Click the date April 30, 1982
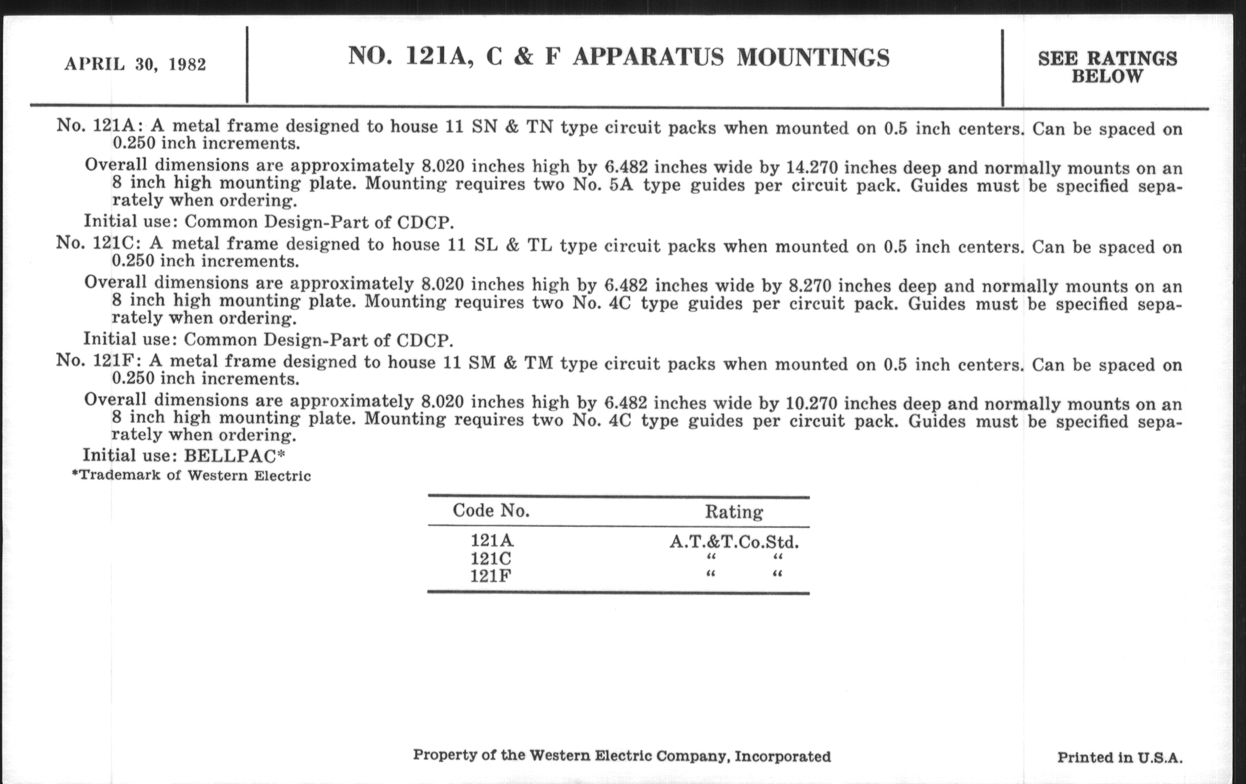pos(135,64)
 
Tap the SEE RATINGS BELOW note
pos(1107,67)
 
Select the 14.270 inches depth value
pos(812,168)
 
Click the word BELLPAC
pos(231,456)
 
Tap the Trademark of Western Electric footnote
pos(192,476)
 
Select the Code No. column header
pos(491,511)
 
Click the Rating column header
pos(734,512)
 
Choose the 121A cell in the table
pos(491,540)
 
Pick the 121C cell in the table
pos(490,559)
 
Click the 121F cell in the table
pos(490,576)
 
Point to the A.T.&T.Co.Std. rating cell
pos(734,542)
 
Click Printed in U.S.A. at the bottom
pos(1120,757)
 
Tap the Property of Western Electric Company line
pos(621,756)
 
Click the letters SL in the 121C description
pos(486,245)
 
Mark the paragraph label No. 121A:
pos(99,126)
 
